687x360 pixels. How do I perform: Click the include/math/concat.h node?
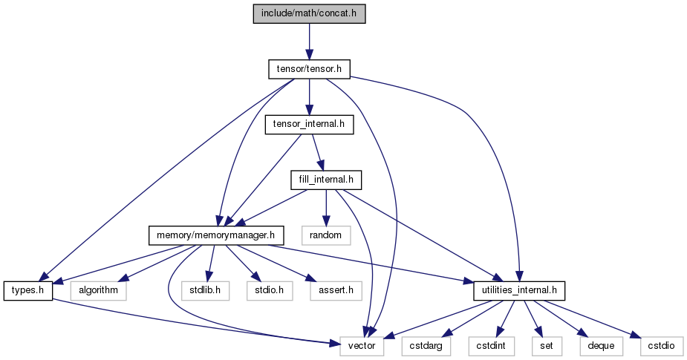(x=309, y=13)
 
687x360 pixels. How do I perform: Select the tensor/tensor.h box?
(x=309, y=69)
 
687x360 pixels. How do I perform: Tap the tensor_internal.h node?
(x=309, y=125)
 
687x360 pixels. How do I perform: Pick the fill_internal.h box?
(x=326, y=180)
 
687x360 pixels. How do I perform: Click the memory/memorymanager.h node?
(x=216, y=235)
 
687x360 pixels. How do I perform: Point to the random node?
(x=326, y=235)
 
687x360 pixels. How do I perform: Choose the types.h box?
(x=28, y=290)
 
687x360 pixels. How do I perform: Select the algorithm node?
(x=98, y=290)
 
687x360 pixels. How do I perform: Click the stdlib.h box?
(x=206, y=290)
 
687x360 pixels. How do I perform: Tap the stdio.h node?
(x=270, y=290)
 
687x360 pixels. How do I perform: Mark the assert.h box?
(x=336, y=290)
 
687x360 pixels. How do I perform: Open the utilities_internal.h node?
(x=519, y=290)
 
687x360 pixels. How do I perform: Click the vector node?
(x=362, y=346)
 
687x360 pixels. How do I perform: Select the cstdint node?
(x=492, y=346)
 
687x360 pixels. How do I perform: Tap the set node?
(x=547, y=346)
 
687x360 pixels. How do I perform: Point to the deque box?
(x=601, y=346)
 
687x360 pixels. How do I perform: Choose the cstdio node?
(x=662, y=346)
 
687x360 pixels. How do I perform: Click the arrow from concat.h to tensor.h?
(x=309, y=42)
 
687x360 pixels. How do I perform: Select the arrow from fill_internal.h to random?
(x=326, y=208)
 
